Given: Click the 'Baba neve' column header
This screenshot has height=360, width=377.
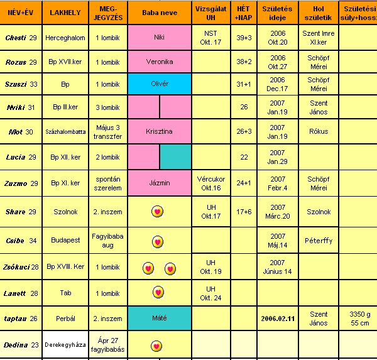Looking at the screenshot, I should [x=159, y=13].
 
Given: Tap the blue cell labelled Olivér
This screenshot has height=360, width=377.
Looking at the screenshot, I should [x=159, y=84].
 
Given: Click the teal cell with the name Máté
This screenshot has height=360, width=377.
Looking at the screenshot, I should [x=159, y=319].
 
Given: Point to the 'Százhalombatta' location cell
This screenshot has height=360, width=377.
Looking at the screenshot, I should [x=65, y=132].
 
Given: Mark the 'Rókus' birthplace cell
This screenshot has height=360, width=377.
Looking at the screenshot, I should [x=319, y=132].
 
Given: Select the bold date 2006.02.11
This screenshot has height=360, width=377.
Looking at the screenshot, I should [x=277, y=319].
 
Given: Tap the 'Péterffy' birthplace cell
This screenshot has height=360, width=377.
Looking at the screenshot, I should [x=319, y=241].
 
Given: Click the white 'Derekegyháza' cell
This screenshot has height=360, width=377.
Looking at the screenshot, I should [x=65, y=346].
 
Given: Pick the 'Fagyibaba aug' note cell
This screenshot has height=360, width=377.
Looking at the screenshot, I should [x=108, y=241].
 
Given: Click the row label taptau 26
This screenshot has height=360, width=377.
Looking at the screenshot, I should [x=21, y=319].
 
